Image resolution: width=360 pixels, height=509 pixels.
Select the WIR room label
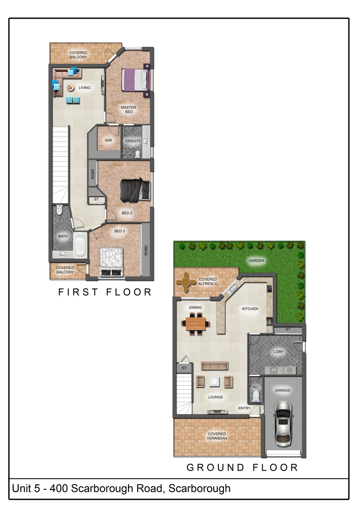pos(108,140)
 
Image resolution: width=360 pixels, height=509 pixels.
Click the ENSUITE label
pos(133,141)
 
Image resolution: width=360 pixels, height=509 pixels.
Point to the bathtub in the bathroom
pos(80,245)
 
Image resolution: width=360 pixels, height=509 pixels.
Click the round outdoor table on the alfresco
pos(186,282)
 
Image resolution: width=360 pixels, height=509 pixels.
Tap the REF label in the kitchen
pos(270,322)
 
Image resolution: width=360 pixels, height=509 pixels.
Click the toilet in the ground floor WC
pos(256,397)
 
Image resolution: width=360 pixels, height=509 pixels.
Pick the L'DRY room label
pos(278,352)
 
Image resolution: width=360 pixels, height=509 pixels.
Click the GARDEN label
pos(256,260)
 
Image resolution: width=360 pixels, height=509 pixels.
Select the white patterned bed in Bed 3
pos(111,262)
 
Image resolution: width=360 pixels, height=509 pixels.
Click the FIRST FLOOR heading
pos(105,292)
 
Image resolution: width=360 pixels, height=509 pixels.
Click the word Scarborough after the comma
pos(199,488)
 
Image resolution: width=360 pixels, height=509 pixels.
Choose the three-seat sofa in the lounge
pos(215,366)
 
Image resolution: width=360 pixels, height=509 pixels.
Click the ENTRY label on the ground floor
pos(244,408)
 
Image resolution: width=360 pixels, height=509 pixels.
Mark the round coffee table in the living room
pos(71,87)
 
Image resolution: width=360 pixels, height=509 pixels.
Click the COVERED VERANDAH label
pos(217,436)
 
